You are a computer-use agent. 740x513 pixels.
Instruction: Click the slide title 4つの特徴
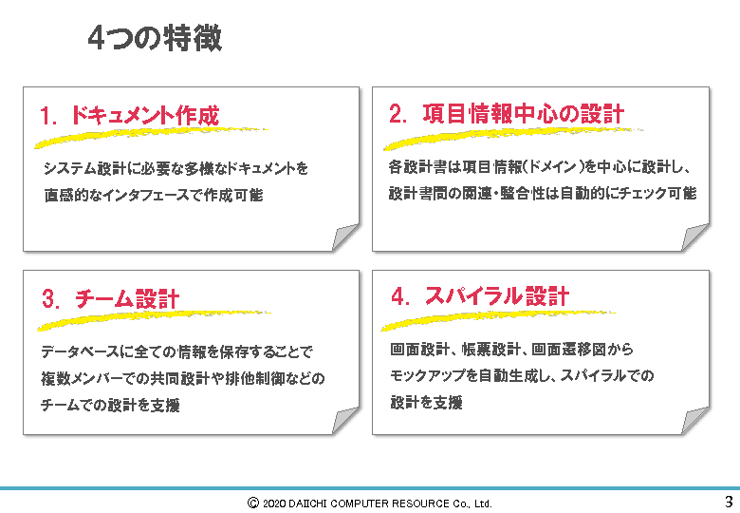click(155, 38)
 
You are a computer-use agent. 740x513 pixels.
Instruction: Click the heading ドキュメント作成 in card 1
click(145, 115)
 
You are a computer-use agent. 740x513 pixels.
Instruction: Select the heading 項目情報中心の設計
click(524, 114)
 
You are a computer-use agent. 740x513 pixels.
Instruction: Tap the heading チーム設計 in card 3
click(127, 299)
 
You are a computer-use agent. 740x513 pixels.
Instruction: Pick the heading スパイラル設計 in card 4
click(497, 296)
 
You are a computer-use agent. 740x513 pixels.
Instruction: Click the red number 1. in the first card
click(48, 116)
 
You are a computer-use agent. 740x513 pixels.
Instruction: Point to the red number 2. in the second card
click(398, 114)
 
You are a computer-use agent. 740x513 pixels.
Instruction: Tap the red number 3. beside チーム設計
click(51, 299)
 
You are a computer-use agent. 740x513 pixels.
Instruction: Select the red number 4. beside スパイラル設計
click(400, 296)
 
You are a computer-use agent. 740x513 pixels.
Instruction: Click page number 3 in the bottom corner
click(730, 501)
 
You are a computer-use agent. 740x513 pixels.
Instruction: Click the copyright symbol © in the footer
click(253, 503)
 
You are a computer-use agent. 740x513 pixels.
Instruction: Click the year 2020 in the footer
click(274, 503)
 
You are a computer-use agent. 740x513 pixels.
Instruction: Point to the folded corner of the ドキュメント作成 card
click(344, 237)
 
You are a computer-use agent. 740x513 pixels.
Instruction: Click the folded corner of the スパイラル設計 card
click(694, 420)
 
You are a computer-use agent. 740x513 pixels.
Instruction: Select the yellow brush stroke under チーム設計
click(154, 320)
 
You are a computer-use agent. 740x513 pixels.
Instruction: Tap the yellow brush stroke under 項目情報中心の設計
click(513, 139)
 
